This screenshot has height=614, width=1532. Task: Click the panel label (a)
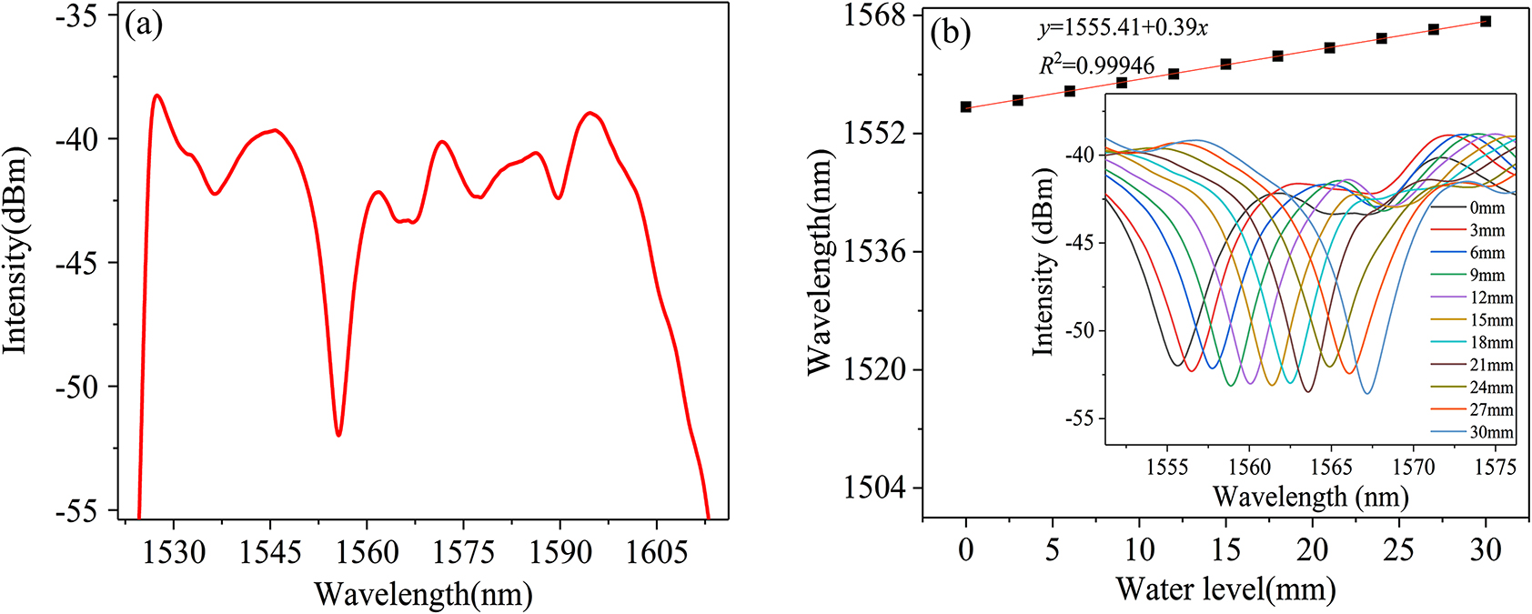tap(144, 25)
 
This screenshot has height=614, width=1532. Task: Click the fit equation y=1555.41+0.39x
tap(1124, 29)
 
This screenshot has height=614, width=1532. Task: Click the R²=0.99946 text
tap(1097, 65)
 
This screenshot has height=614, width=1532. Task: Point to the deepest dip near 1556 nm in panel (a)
tap(338, 434)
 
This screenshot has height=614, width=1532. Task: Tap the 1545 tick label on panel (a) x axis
tap(270, 551)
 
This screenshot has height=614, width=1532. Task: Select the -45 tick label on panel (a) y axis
tap(80, 263)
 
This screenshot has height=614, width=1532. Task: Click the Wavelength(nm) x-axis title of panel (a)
tap(423, 595)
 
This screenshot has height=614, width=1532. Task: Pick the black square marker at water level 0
tap(966, 106)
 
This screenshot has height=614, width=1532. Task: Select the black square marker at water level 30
tap(1486, 21)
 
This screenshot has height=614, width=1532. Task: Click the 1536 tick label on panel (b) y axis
tap(875, 252)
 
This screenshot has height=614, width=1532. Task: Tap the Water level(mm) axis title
tap(1225, 589)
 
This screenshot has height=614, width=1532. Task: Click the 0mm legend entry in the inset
tap(1487, 208)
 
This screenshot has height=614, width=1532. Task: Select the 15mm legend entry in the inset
tap(1491, 320)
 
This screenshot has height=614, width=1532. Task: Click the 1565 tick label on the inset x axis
tap(1332, 468)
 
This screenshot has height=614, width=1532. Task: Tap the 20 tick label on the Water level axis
tap(1313, 549)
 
